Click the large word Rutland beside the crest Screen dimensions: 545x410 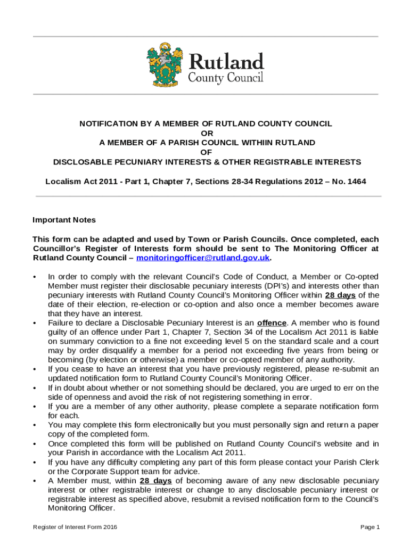[226, 61]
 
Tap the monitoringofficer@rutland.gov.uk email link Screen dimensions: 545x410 [203, 258]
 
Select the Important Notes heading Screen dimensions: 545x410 [64, 220]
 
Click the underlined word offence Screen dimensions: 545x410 [272, 323]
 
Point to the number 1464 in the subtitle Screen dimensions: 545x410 [356, 181]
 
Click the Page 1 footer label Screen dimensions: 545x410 [370, 527]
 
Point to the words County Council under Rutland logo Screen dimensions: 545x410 [226, 78]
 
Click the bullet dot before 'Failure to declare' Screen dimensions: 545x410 [35, 323]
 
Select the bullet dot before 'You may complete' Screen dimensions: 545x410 [35, 425]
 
